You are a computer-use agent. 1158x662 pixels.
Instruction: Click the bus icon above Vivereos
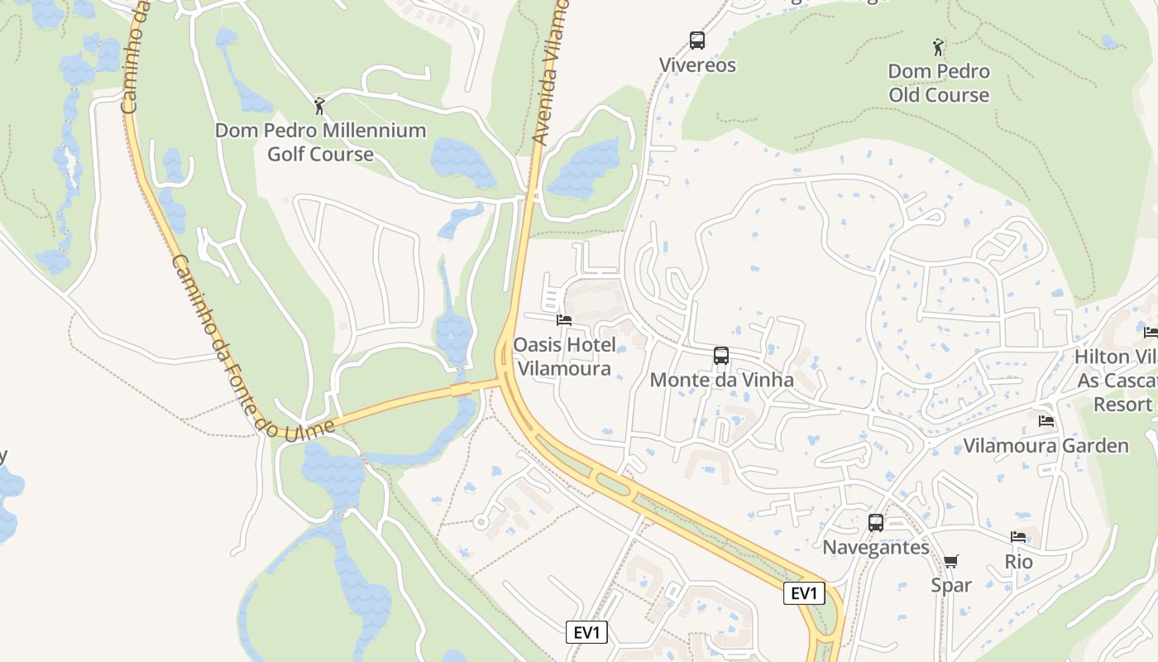pyautogui.click(x=697, y=40)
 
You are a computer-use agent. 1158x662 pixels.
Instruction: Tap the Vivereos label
pyautogui.click(x=697, y=65)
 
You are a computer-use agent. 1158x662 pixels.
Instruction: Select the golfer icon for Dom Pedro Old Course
pyautogui.click(x=938, y=46)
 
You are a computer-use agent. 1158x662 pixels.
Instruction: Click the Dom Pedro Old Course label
pyautogui.click(x=939, y=84)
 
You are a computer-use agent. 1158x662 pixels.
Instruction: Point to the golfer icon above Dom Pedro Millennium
pyautogui.click(x=319, y=106)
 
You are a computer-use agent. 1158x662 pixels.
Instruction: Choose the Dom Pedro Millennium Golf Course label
pyautogui.click(x=320, y=142)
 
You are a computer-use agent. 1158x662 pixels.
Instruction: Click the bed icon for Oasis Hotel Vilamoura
pyautogui.click(x=564, y=319)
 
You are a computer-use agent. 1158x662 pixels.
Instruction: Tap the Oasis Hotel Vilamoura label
pyautogui.click(x=562, y=357)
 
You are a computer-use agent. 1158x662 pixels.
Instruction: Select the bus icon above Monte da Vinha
pyautogui.click(x=721, y=356)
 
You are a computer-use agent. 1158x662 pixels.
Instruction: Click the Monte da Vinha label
pyautogui.click(x=721, y=380)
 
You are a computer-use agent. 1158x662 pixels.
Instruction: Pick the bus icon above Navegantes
pyautogui.click(x=876, y=523)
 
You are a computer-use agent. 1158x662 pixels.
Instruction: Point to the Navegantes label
pyautogui.click(x=876, y=547)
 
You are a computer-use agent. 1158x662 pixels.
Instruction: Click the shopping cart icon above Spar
pyautogui.click(x=951, y=562)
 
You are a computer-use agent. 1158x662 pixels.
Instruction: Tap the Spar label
pyautogui.click(x=951, y=585)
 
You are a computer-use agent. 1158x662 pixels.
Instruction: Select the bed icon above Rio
pyautogui.click(x=1018, y=538)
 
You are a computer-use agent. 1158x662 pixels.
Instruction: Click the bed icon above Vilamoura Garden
pyautogui.click(x=1046, y=421)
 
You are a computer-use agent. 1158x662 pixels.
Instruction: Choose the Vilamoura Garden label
pyautogui.click(x=1046, y=446)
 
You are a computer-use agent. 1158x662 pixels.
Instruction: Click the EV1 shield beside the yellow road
pyautogui.click(x=804, y=593)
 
